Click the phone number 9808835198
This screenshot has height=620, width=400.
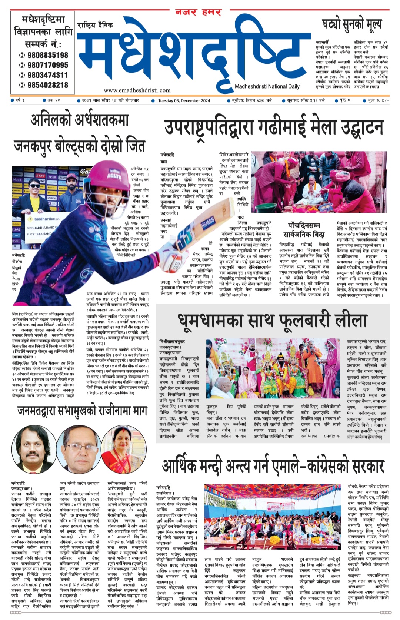click(x=47, y=55)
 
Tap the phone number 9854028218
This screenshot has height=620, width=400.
click(x=47, y=85)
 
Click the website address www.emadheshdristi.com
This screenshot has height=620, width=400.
click(x=137, y=90)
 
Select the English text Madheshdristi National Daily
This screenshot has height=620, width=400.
click(x=267, y=86)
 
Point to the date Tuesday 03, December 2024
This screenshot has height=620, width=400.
click(x=184, y=100)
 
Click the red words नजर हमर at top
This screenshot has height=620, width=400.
click(x=199, y=12)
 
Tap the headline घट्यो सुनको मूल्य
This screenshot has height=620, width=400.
click(x=351, y=25)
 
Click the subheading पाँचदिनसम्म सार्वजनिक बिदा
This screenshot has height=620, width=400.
click(x=304, y=230)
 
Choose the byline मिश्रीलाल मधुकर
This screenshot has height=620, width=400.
click(x=172, y=341)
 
